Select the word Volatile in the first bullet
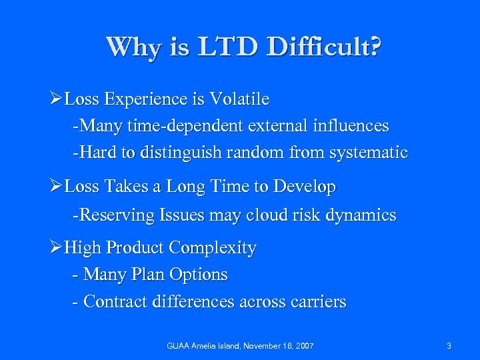pos(239,100)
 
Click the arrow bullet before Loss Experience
pos(56,100)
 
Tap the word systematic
pos(367,153)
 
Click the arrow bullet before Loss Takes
pos(56,188)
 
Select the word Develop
pos(308,188)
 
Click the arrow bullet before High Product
pos(56,248)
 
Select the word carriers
pos(317,302)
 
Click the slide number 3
pos(449,346)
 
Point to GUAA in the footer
pos(179,346)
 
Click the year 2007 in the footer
pos(304,346)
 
